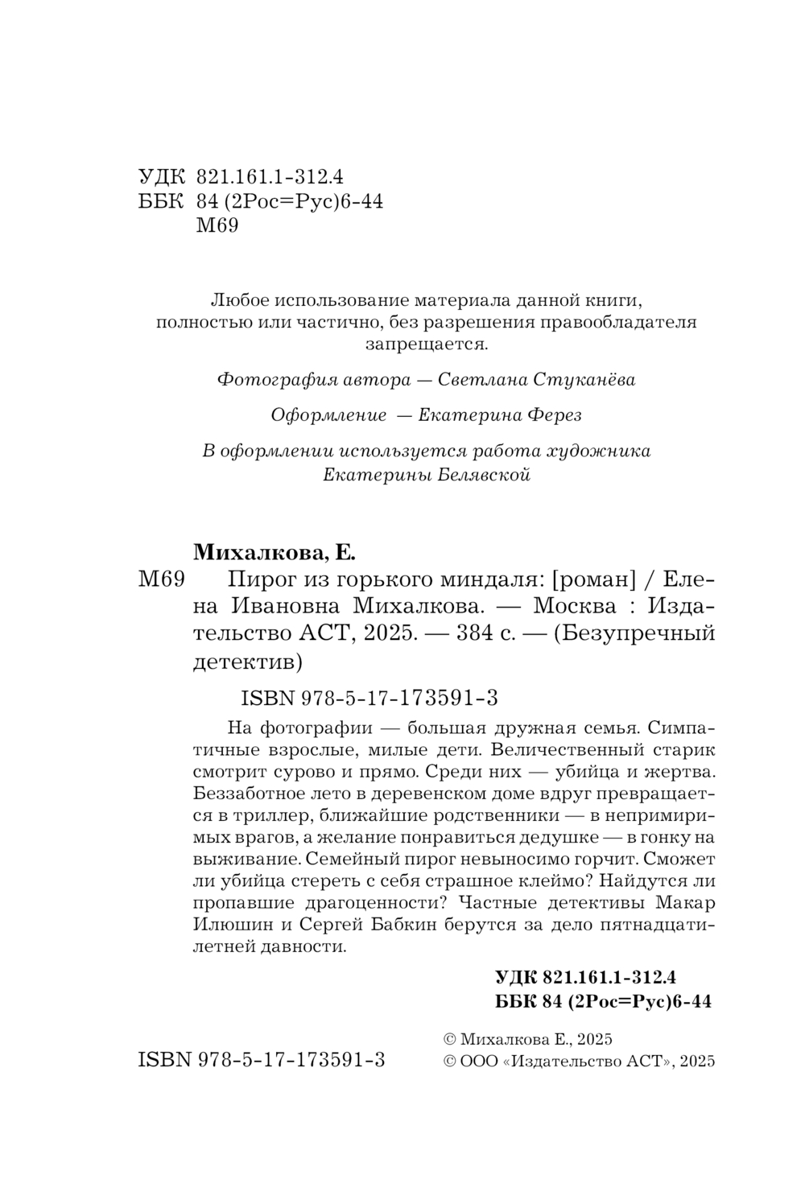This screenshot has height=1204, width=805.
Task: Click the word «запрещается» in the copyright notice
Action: (x=426, y=345)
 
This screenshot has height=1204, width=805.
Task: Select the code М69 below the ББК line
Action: (x=217, y=226)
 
